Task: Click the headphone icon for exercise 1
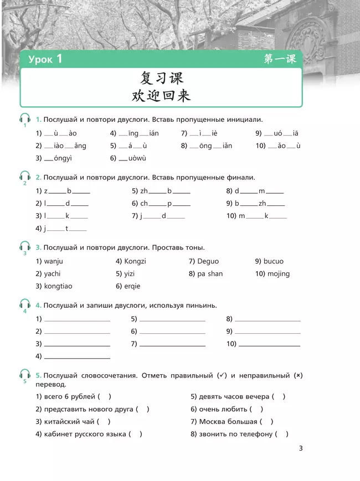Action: point(25,118)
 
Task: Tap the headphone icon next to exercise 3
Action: point(25,246)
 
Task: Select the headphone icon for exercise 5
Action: point(25,374)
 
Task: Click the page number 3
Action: point(301,448)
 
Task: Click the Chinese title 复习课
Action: point(161,78)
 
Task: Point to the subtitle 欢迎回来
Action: point(161,95)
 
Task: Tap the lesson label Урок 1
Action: point(46,59)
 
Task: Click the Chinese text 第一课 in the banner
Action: point(280,59)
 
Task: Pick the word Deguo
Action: point(208,261)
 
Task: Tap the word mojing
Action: point(279,273)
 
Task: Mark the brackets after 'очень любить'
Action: point(257,409)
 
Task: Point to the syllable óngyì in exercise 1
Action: point(63,158)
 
